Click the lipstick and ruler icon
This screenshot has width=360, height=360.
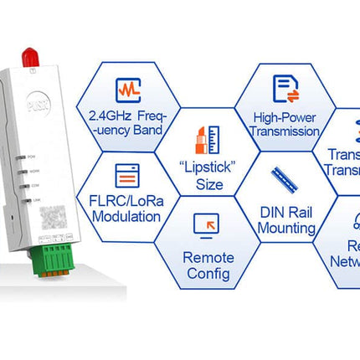[x=207, y=137]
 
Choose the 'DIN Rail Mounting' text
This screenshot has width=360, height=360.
[x=285, y=220]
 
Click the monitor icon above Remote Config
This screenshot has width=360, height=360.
[x=206, y=224]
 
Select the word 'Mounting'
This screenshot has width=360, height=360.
[x=286, y=228]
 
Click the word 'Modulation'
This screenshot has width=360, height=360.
[x=127, y=217]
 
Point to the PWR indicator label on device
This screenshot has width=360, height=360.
[x=33, y=157]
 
